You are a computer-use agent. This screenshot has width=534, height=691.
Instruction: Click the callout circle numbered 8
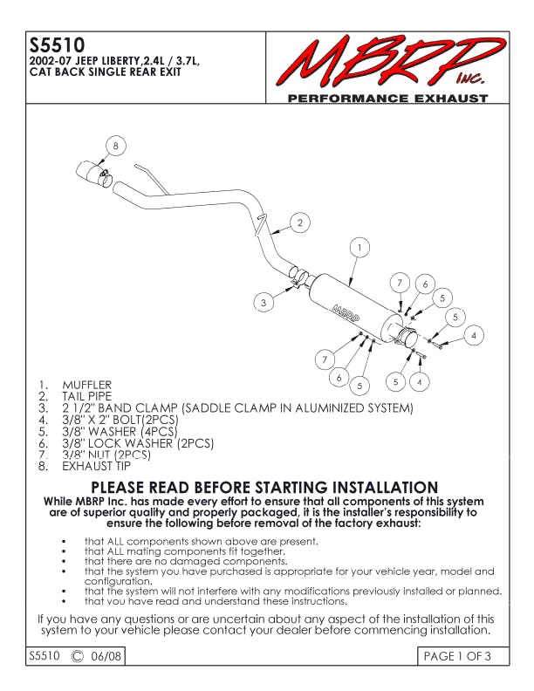click(115, 146)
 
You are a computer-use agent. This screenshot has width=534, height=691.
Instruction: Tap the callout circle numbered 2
click(300, 222)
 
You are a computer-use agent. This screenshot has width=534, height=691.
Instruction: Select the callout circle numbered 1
click(359, 247)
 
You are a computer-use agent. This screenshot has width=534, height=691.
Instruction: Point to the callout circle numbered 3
click(264, 302)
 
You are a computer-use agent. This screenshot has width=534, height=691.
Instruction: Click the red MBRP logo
click(390, 63)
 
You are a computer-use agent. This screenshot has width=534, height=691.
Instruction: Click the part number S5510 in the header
click(57, 44)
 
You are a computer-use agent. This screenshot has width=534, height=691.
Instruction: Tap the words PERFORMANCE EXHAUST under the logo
click(387, 99)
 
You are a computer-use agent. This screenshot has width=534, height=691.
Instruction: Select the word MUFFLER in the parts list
click(86, 385)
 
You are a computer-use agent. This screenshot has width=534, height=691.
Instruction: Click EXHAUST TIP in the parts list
click(97, 466)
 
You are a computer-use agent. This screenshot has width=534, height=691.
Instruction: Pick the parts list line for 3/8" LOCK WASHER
click(126, 443)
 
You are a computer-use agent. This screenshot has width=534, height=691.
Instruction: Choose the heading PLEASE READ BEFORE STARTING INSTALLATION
click(264, 487)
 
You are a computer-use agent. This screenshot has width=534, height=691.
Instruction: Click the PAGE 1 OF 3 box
click(462, 656)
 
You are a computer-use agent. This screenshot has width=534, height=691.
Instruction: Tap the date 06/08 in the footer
click(106, 656)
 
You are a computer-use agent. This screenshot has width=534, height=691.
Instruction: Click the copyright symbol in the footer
click(77, 656)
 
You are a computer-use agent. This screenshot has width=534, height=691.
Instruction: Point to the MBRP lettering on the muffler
click(345, 314)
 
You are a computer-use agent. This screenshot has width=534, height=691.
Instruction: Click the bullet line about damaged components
click(186, 561)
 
